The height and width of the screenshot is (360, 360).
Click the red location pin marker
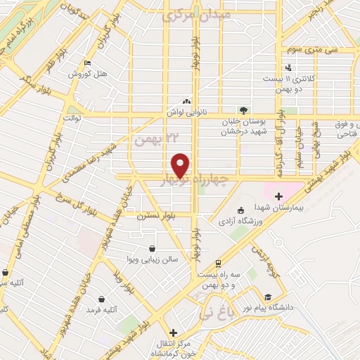click(181, 165)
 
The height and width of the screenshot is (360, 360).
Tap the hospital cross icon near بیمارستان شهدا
click(278, 195)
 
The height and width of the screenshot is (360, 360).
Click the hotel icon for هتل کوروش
click(87, 63)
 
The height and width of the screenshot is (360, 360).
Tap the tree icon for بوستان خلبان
click(243, 110)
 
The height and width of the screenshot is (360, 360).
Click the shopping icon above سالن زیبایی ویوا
click(152, 247)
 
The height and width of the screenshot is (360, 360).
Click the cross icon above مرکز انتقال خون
click(173, 333)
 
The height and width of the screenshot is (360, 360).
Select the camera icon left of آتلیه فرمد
click(90, 298)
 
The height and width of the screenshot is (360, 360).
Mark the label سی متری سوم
click(309, 50)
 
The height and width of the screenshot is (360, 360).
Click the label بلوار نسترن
click(154, 214)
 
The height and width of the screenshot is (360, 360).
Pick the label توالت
click(73, 117)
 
